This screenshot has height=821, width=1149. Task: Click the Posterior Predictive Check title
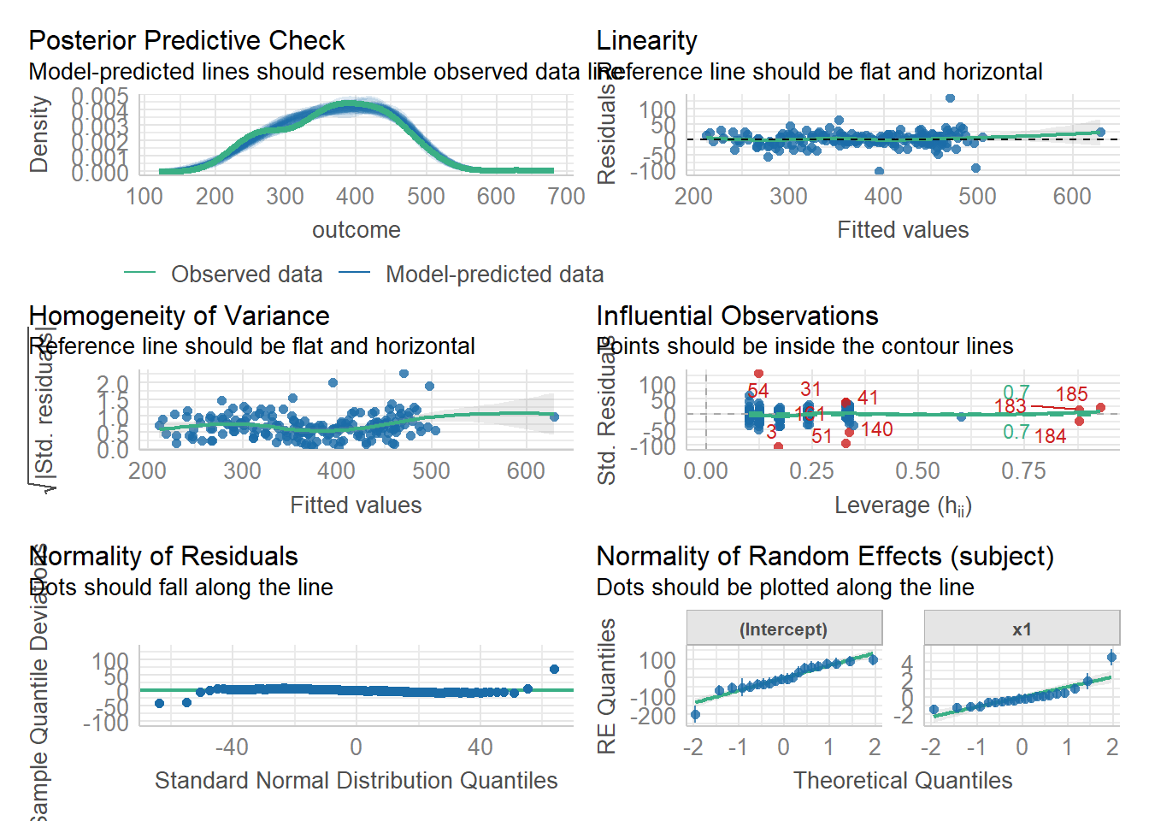pos(186,40)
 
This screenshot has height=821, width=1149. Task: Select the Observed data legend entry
pos(246,275)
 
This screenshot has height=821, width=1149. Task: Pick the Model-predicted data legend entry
pos(494,275)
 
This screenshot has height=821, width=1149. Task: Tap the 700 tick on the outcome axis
pos(566,197)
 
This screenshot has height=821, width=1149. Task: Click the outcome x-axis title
pos(356,230)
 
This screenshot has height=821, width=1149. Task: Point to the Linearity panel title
pos(646,40)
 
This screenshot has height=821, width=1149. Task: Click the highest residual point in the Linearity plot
pos(950,98)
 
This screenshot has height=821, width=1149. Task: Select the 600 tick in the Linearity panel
pos(1072,197)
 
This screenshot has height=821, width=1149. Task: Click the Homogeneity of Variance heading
pos(179,316)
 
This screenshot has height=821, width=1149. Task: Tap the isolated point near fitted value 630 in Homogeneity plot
pos(554,417)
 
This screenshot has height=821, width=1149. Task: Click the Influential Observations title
pos(737,316)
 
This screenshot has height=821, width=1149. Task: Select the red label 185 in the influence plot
pos(1071,394)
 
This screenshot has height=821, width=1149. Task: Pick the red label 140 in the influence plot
pos(877,429)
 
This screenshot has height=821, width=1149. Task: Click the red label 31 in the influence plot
pos(810,390)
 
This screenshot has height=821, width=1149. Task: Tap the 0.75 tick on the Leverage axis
pos(1023,471)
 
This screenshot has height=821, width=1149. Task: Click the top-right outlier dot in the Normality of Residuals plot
pos(554,670)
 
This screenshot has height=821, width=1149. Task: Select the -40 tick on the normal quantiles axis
pos(232,747)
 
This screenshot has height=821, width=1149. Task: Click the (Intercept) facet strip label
pos(783,629)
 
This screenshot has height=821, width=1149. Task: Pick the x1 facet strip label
pos(1022,629)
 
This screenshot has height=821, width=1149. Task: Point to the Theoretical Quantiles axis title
pos(903,781)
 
